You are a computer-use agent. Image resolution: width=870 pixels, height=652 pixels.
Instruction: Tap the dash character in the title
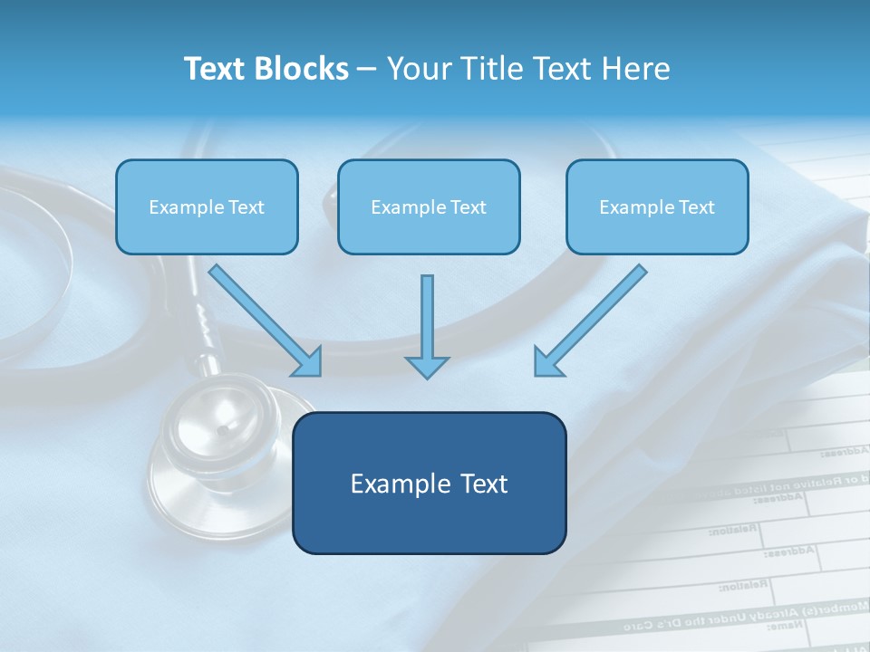point(367,70)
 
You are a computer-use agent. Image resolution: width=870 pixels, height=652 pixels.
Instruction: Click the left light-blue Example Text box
point(207,207)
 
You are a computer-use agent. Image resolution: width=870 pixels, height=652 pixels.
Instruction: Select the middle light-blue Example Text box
point(429,207)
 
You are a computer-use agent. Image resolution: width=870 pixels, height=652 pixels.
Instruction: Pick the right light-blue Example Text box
point(657,207)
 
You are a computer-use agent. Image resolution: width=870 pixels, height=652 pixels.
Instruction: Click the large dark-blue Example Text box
point(429,483)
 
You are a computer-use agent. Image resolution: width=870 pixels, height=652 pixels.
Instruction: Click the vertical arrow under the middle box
point(427,317)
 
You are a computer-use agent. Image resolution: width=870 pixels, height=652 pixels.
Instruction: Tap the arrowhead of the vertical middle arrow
point(427,366)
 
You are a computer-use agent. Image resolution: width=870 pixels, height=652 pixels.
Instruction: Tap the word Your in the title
point(418,69)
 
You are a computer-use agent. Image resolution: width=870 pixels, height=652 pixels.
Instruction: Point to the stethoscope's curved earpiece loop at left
point(36,272)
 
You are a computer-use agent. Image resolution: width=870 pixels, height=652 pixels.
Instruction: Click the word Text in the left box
point(246,207)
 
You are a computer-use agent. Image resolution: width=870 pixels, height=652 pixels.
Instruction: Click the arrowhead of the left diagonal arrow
point(308,362)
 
